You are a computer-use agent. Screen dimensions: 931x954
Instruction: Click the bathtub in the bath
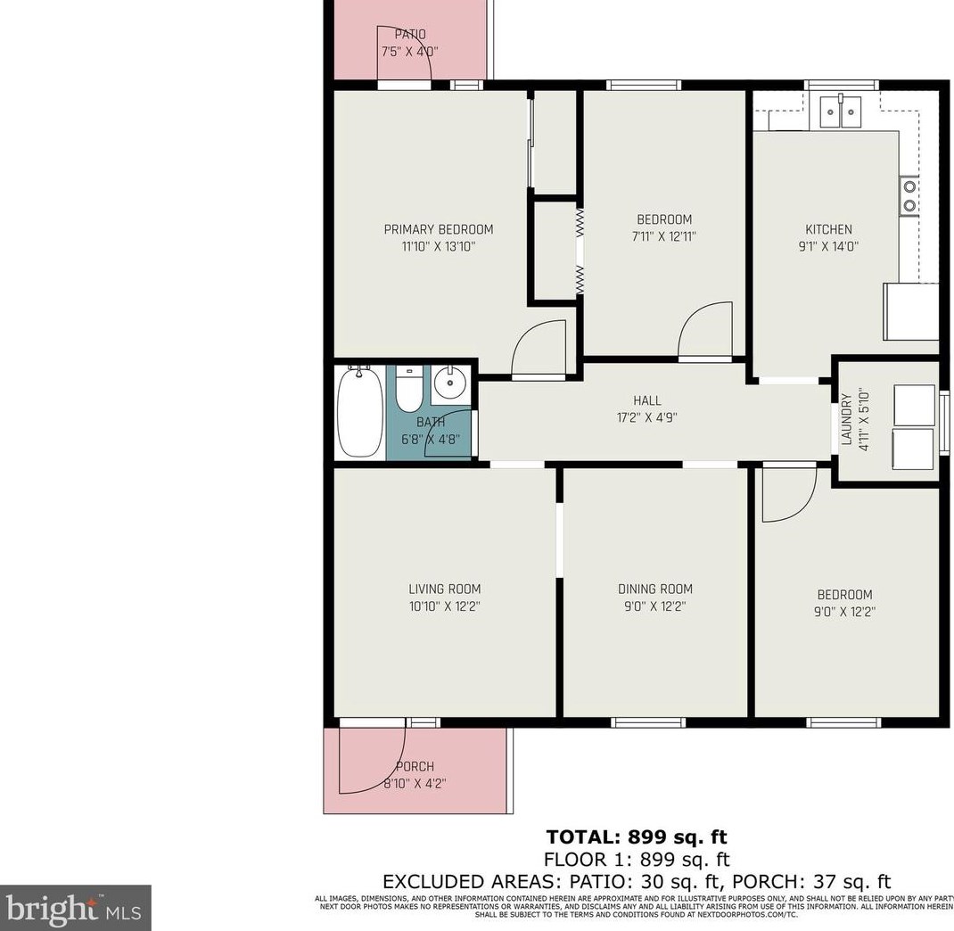click(x=360, y=412)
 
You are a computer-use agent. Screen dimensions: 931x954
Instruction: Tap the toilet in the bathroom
click(x=408, y=390)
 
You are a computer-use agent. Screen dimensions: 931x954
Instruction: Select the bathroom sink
click(x=449, y=384)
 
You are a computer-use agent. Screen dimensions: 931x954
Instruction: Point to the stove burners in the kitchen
click(x=909, y=196)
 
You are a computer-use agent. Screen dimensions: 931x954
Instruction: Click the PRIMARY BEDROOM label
click(x=438, y=229)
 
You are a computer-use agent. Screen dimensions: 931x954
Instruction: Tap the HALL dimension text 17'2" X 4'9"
click(x=647, y=416)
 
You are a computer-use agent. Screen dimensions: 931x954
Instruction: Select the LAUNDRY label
click(x=846, y=419)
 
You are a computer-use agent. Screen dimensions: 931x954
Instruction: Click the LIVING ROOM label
click(x=444, y=589)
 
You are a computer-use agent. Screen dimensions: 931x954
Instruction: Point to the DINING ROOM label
click(x=654, y=589)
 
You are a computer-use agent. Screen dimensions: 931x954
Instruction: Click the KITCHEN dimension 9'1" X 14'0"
click(x=828, y=246)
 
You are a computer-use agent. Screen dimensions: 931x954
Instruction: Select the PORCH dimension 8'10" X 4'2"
click(x=415, y=783)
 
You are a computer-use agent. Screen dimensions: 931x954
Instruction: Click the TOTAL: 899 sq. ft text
click(x=636, y=836)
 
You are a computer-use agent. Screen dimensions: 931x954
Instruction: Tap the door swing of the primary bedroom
click(x=539, y=350)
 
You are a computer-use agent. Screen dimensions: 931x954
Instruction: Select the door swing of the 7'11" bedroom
click(x=706, y=332)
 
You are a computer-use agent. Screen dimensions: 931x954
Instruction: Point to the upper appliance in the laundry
click(x=914, y=400)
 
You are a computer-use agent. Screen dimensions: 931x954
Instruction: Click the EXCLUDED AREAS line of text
click(x=636, y=881)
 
